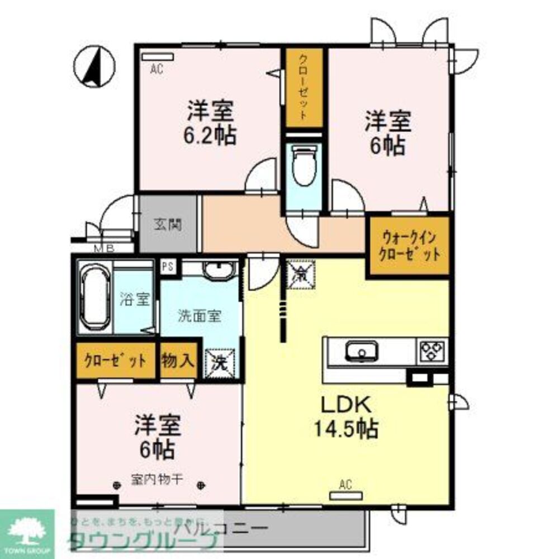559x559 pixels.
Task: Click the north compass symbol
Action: pos(94,67)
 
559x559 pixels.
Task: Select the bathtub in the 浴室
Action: pos(94,299)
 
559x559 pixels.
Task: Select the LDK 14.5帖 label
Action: pos(345,416)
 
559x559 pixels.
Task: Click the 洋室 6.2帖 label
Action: pos(211,122)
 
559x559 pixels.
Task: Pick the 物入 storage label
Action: pos(178,361)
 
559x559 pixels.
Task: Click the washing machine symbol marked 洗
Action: pos(220,363)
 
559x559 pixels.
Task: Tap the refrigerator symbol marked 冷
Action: pos(301,274)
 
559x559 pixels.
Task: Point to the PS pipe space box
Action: pos(167,267)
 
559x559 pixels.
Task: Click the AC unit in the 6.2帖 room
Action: pos(158,57)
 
